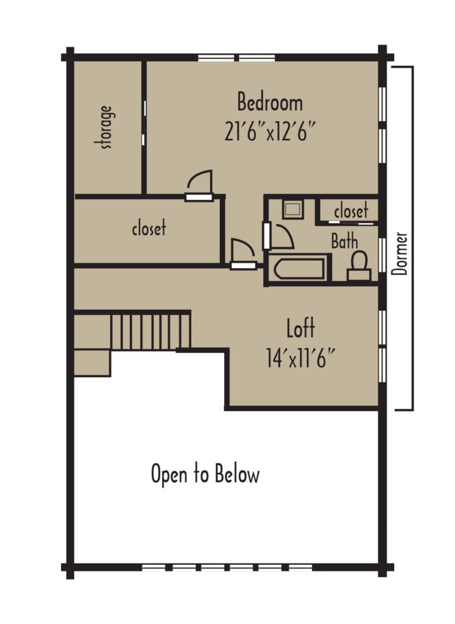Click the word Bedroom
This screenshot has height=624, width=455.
pos(269,102)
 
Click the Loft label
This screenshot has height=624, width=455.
pos(301,329)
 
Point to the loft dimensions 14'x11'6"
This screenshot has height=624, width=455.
pos(301,357)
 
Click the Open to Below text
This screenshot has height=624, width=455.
pos(205,475)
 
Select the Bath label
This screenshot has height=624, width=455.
pos(344,242)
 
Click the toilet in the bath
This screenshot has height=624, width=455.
pos(359,266)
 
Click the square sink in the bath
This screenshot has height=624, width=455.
pos(292,209)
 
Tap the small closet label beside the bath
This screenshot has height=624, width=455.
pos(351,211)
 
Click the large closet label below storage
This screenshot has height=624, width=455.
pos(149,229)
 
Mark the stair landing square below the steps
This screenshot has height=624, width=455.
pos(91,362)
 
